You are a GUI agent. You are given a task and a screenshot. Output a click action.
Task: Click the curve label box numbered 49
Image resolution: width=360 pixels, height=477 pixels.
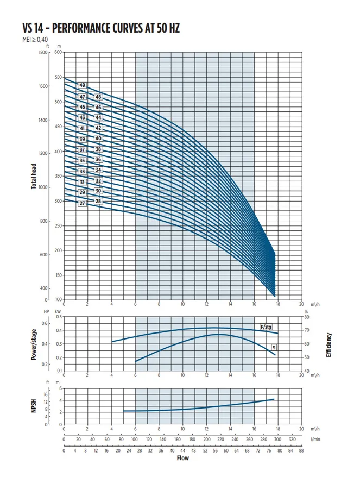pyautogui.click(x=83, y=86)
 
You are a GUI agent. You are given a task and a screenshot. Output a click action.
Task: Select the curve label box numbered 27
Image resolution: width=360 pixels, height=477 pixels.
pyautogui.click(x=83, y=203)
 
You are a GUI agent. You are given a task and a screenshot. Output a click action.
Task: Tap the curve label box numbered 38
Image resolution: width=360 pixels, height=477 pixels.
pyautogui.click(x=98, y=149)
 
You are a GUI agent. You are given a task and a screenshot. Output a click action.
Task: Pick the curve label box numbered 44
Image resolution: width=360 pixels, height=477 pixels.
pyautogui.click(x=98, y=117)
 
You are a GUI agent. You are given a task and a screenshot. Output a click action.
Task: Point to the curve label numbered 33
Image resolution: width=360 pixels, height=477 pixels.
pyautogui.click(x=83, y=172)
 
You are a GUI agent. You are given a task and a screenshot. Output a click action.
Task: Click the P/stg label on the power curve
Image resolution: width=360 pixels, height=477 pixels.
pyautogui.click(x=266, y=327)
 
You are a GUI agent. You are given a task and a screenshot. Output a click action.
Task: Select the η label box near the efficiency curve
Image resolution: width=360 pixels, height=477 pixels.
pyautogui.click(x=275, y=346)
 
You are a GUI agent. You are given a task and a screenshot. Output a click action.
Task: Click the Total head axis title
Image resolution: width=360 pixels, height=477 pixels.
pyautogui.click(x=34, y=175)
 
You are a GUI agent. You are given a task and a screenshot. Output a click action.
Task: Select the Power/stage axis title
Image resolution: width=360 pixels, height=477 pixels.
pyautogui.click(x=34, y=343)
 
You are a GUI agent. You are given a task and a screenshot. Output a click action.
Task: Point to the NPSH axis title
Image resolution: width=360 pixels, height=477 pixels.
pyautogui.click(x=34, y=406)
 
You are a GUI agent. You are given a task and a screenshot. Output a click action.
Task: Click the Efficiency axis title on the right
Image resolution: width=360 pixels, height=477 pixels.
pyautogui.click(x=329, y=344)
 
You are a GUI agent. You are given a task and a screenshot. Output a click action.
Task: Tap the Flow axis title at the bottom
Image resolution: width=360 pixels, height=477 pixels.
pyautogui.click(x=183, y=458)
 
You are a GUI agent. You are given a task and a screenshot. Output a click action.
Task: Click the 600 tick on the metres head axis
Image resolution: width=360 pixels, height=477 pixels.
pyautogui.click(x=58, y=52)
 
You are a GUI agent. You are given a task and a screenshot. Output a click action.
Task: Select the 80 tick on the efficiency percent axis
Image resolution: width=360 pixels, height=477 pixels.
pyautogui.click(x=307, y=317)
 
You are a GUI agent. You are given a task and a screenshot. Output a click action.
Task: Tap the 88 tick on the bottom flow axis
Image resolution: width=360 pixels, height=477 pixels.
pyautogui.click(x=301, y=450)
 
